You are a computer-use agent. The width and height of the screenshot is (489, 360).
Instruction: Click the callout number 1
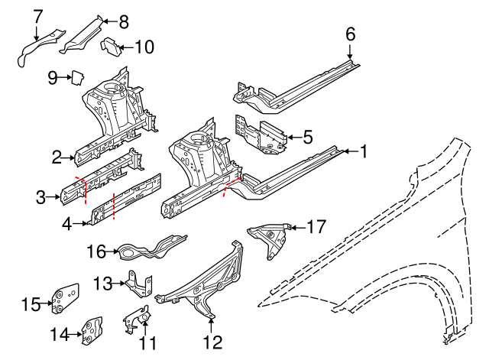point(364,152)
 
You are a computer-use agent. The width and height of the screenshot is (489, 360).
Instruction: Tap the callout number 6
point(351,34)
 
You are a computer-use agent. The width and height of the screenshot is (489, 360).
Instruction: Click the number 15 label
point(30,305)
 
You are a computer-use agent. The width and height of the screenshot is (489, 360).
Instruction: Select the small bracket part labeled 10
point(112,47)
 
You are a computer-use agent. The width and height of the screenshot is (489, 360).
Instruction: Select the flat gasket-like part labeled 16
point(145,247)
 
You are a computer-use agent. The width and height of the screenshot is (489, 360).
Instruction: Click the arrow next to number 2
point(69,158)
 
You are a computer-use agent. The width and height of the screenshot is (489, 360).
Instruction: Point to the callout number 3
point(41,199)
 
